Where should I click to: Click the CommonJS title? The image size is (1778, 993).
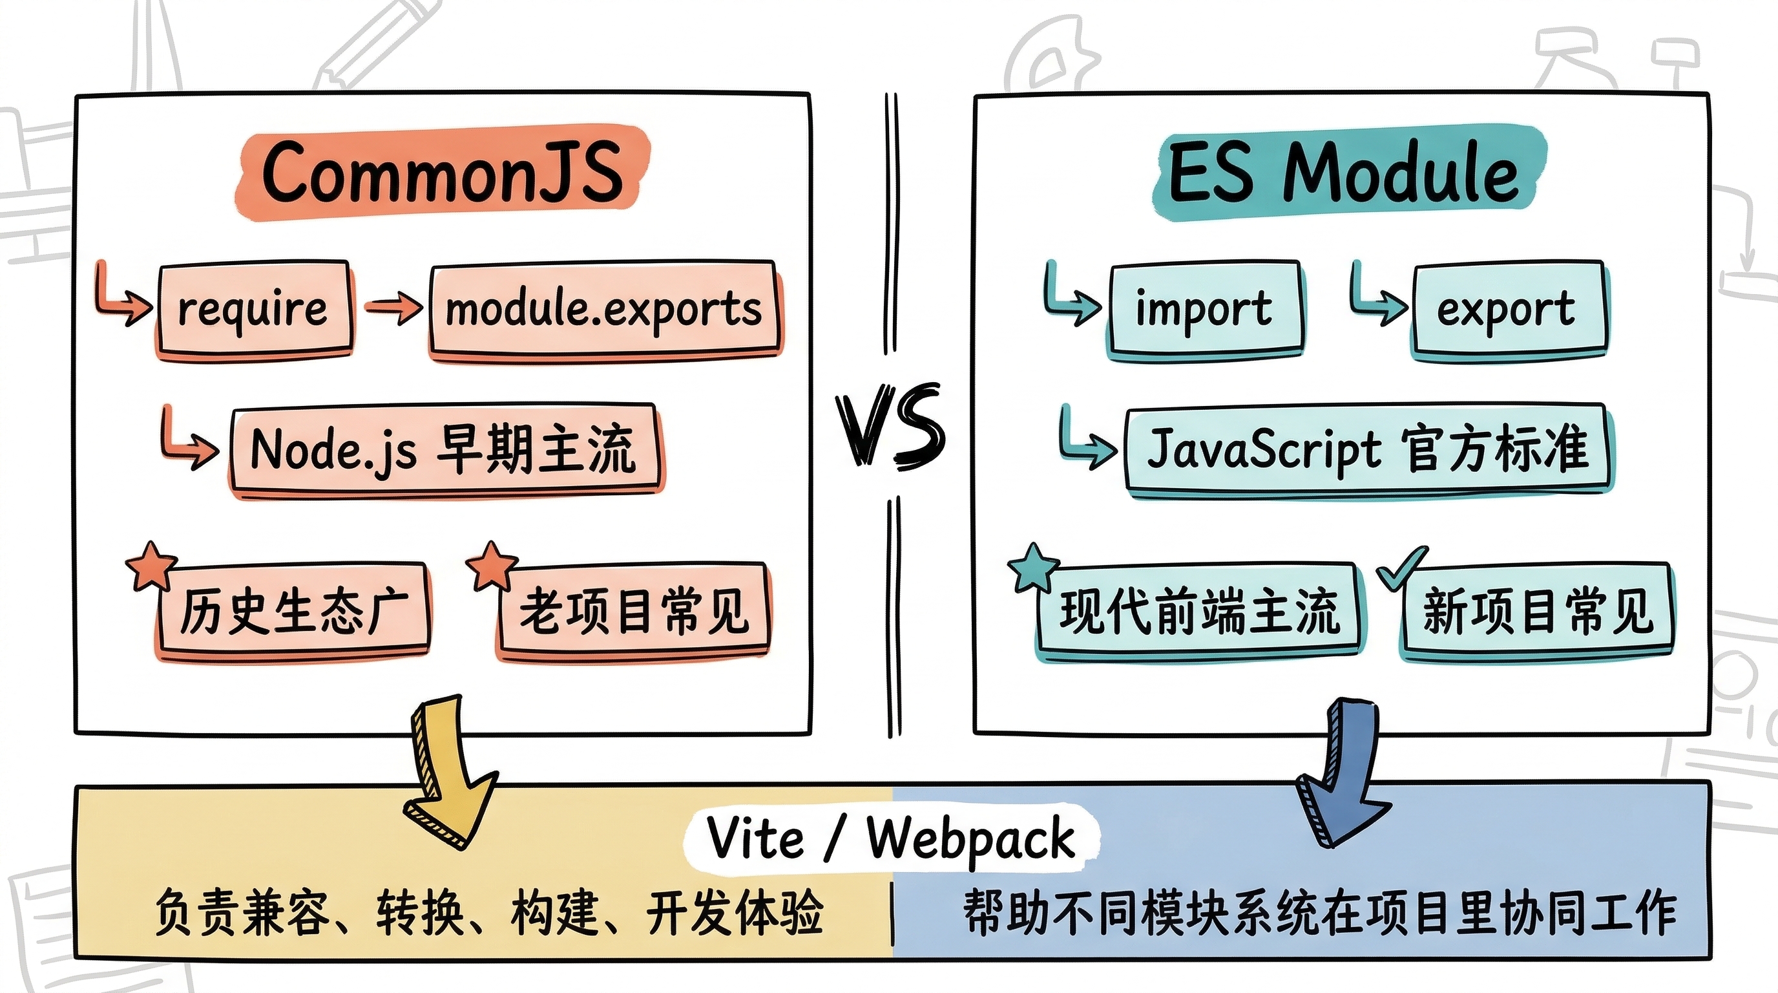pyautogui.click(x=442, y=173)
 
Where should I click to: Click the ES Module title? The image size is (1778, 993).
pyautogui.click(x=1346, y=173)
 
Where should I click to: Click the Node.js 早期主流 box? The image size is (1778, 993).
pyautogui.click(x=443, y=449)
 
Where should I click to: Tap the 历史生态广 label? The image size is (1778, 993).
pyautogui.click(x=293, y=611)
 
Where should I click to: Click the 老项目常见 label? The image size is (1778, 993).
pyautogui.click(x=633, y=611)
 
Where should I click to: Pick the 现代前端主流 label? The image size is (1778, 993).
pyautogui.click(x=1200, y=611)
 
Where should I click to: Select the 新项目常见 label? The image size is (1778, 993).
pyautogui.click(x=1538, y=611)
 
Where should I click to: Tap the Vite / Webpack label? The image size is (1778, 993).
pyautogui.click(x=890, y=838)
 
